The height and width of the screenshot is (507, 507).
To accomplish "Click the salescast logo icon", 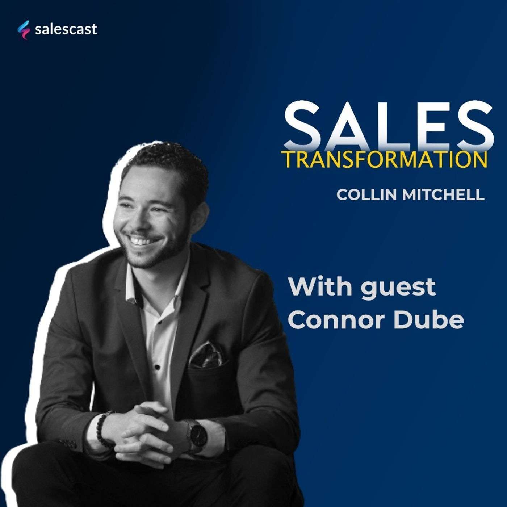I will click(24, 29).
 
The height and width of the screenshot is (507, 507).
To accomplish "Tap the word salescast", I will click(66, 29).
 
